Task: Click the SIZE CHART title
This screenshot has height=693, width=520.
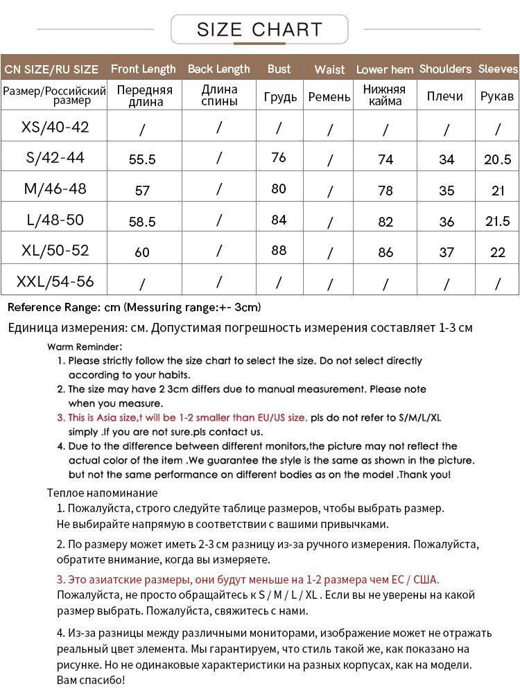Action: coord(259,29)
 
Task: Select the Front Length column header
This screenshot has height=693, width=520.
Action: coord(144,69)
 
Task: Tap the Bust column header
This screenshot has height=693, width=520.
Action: coord(279,69)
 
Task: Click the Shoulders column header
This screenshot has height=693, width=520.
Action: coord(445,69)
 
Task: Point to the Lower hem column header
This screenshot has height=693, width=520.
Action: coord(385,69)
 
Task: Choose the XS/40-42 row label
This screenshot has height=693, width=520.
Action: coord(55,127)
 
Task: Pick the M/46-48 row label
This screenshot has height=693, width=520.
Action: coord(55,188)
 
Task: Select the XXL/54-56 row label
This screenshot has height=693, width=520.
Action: coord(55,282)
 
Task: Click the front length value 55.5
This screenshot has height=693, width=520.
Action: coord(142,159)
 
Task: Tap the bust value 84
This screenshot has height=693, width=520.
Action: coord(279,220)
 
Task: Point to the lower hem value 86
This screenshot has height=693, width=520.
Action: coord(385,252)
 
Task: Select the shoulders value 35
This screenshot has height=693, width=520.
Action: coord(447,191)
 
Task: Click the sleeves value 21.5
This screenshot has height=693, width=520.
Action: coord(497,221)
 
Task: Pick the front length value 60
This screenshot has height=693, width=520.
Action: coord(142,252)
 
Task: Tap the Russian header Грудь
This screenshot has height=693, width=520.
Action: coord(280,96)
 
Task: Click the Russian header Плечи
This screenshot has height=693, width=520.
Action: coord(444,96)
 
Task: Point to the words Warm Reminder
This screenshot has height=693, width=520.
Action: coord(85,346)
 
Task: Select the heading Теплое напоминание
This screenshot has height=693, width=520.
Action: coord(103,493)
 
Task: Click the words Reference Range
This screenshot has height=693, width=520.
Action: coord(52,307)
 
